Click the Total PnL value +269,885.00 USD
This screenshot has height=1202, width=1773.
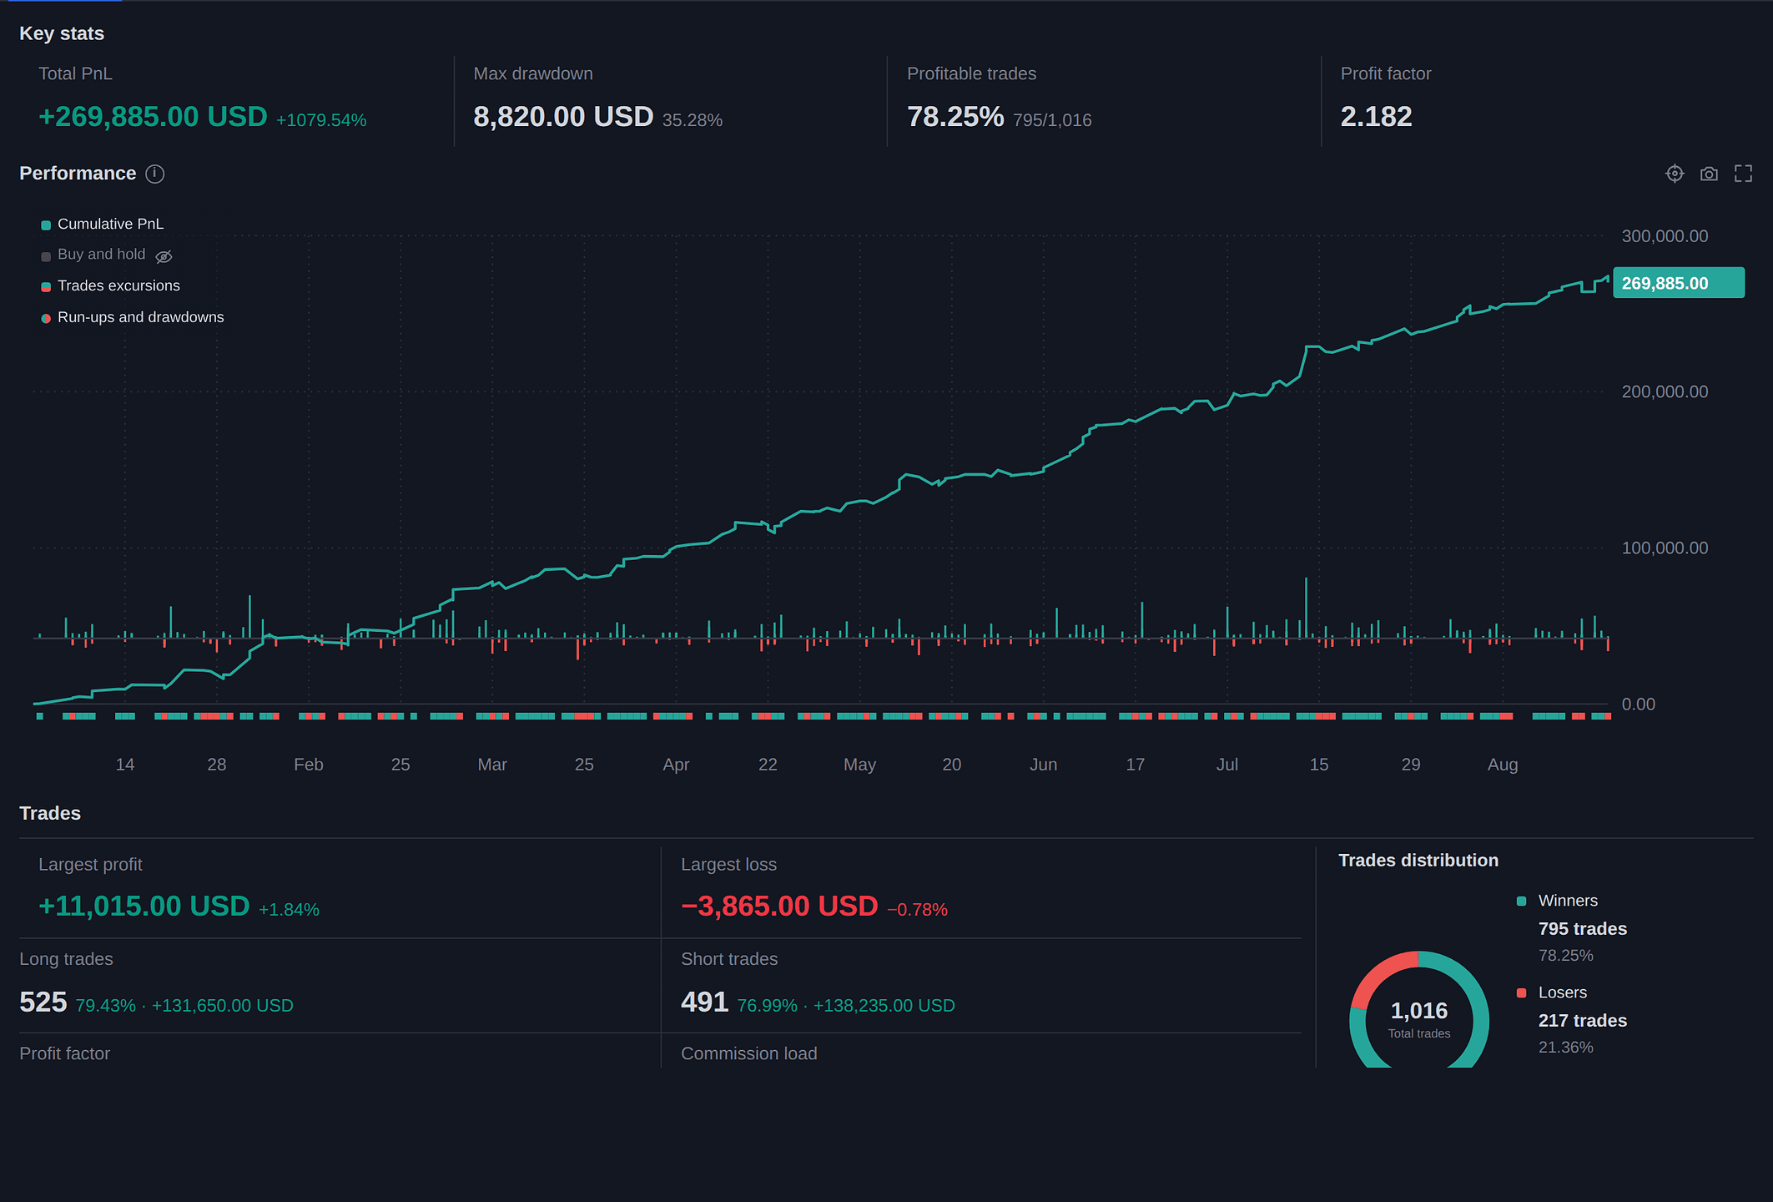tap(153, 117)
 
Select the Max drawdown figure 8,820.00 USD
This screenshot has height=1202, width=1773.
tap(563, 117)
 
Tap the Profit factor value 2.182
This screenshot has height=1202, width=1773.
tap(1376, 117)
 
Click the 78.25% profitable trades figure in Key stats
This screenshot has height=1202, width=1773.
tap(955, 117)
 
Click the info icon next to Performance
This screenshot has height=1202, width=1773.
tap(155, 174)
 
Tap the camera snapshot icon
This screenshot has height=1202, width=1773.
tap(1709, 174)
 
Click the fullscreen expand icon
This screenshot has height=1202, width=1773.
tap(1743, 174)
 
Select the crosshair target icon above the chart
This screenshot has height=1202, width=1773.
tap(1675, 174)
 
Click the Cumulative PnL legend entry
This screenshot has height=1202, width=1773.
tap(103, 224)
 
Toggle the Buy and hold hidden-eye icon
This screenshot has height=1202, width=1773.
tap(164, 256)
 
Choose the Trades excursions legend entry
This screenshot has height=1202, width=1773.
tap(111, 285)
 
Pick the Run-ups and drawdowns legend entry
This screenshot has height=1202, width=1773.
tap(133, 317)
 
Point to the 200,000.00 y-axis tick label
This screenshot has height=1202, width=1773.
tap(1665, 391)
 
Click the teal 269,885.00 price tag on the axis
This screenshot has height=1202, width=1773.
tap(1679, 283)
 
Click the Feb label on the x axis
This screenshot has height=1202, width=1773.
tap(309, 765)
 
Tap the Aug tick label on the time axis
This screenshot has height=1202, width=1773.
tap(1503, 765)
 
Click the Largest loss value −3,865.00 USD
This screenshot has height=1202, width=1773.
tap(779, 907)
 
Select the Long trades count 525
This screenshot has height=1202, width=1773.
tap(43, 1002)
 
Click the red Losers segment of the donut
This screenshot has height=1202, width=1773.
tap(1377, 974)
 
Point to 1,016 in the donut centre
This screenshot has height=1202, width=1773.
tap(1419, 1011)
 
